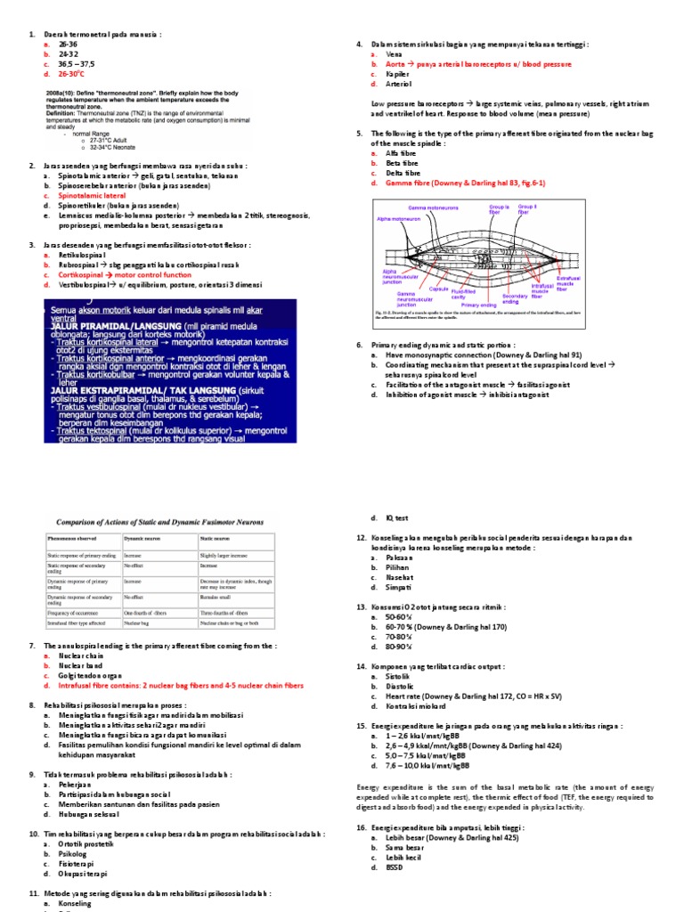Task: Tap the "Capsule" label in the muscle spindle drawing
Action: [x=438, y=289]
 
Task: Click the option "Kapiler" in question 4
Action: [x=398, y=76]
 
